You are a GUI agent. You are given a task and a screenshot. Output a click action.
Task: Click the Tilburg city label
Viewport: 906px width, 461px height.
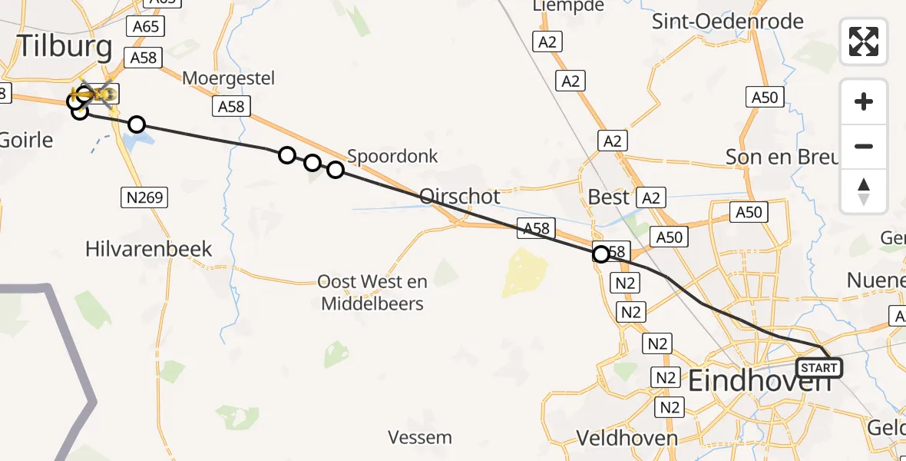[x=64, y=47]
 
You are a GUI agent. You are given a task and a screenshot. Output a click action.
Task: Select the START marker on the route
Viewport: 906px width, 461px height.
[x=818, y=368]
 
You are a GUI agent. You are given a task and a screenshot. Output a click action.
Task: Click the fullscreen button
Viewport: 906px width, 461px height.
[x=864, y=41]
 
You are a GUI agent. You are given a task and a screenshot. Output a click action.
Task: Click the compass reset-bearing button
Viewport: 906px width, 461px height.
[x=864, y=191]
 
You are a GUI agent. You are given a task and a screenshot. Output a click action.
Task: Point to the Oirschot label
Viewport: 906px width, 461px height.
[x=460, y=196]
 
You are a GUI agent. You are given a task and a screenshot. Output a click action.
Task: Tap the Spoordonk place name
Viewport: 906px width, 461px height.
[x=392, y=156]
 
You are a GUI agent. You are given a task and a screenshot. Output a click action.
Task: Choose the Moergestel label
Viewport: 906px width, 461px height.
[x=228, y=78]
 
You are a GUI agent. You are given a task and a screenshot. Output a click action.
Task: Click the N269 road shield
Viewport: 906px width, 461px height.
[x=145, y=198]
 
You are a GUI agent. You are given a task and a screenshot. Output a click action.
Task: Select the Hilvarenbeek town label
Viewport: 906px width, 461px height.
[x=149, y=249]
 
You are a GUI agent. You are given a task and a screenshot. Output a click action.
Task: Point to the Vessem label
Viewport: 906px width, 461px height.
[x=420, y=438]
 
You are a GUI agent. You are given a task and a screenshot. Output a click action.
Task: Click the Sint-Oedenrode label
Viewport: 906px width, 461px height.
[x=727, y=21]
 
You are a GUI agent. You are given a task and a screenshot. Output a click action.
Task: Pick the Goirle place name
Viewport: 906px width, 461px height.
[x=27, y=141]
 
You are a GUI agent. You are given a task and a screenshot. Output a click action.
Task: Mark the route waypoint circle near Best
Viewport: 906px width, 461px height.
[x=601, y=254]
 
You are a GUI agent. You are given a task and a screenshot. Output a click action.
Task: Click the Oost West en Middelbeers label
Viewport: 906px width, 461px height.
[x=372, y=293]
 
